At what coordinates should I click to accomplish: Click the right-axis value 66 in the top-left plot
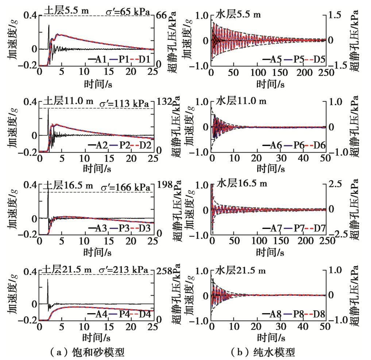(161, 15)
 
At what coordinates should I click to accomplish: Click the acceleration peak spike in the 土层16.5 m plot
(48, 190)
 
